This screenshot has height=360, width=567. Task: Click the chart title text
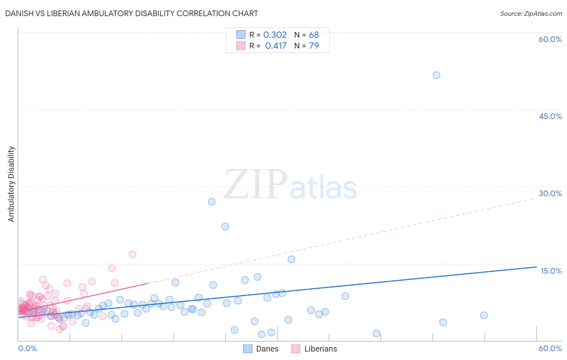point(131,13)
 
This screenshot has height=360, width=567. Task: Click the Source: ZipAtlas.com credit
point(531,13)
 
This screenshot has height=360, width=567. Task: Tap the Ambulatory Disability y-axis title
point(11,184)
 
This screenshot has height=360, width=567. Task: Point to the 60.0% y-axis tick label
point(550,39)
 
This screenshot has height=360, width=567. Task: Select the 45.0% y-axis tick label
point(550,116)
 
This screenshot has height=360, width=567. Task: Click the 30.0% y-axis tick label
point(550,193)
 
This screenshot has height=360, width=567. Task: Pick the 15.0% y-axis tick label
point(551,271)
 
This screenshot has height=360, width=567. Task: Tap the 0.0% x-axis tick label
point(27,348)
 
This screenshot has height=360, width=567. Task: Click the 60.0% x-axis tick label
point(550,348)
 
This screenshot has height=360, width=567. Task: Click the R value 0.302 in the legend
point(275,35)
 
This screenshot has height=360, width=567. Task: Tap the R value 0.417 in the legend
point(276,46)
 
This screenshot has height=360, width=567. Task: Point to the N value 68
point(314,35)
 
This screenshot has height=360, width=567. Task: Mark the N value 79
point(314,46)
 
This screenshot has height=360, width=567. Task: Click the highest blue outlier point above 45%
point(436,75)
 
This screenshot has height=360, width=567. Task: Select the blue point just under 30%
point(212,202)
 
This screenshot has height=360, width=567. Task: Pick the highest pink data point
point(132,254)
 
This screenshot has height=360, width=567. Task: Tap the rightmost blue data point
point(484,315)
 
